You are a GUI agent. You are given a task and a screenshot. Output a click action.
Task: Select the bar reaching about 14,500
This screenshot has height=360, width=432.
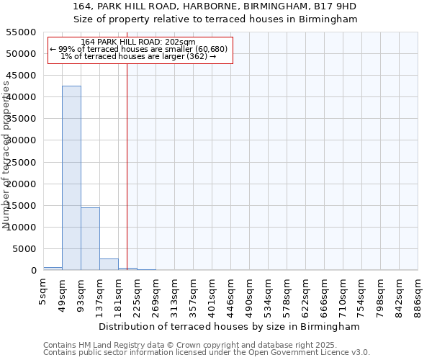[90, 239]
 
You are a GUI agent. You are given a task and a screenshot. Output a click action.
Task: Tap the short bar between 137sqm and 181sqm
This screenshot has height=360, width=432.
[109, 264]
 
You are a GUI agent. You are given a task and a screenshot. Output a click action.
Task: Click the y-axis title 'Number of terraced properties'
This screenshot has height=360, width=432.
[7, 155]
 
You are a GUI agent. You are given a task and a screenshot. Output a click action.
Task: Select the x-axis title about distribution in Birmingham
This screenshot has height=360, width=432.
[230, 326]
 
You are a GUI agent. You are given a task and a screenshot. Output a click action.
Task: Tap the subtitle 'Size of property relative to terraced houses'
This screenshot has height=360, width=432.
[216, 19]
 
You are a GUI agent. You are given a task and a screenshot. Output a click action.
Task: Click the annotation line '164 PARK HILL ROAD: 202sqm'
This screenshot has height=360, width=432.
[138, 42]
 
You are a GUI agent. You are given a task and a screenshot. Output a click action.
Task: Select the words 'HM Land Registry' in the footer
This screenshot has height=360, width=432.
[109, 346]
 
